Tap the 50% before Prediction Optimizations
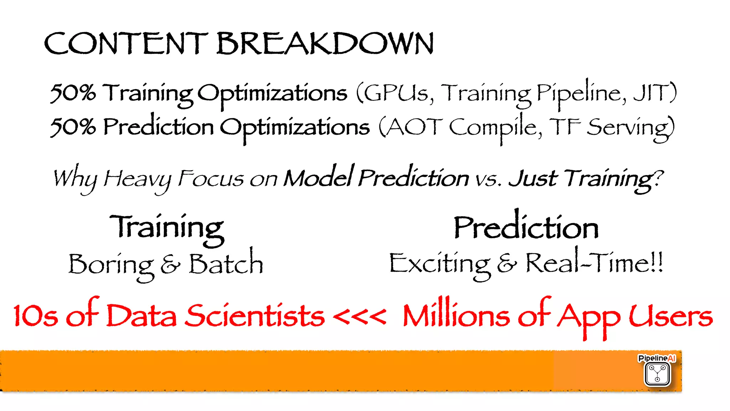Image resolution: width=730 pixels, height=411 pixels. point(73,127)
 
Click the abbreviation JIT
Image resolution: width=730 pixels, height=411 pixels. point(651,93)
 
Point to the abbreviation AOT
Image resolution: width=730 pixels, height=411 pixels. point(413,127)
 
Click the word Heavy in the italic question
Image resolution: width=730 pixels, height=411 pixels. point(137,179)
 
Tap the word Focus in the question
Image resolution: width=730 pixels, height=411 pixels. point(210,179)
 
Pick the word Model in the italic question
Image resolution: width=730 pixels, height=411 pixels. point(318,177)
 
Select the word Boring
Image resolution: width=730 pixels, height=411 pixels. point(111,265)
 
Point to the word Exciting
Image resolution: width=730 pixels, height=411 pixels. point(439,264)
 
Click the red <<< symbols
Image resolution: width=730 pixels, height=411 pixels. point(359,316)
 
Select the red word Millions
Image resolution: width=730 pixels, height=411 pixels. point(456,315)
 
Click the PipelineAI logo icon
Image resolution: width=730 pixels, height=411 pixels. point(657,374)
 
